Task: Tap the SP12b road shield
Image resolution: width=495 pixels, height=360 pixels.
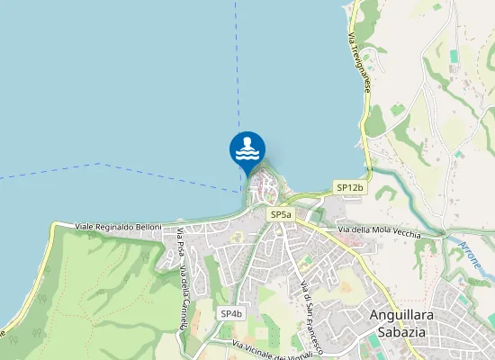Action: (349, 187)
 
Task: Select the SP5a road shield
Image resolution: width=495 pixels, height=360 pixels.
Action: (281, 215)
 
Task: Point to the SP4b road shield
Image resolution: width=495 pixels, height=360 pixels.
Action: (231, 313)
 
